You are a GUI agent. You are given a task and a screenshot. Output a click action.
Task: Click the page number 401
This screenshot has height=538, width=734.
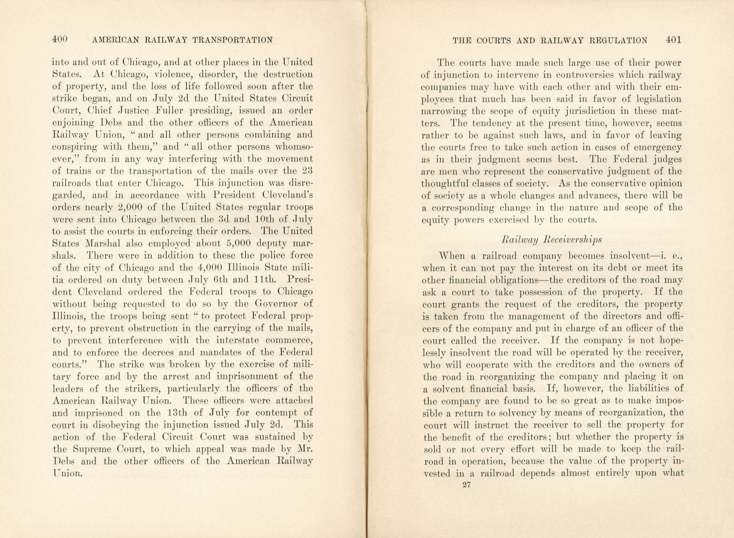tap(673, 40)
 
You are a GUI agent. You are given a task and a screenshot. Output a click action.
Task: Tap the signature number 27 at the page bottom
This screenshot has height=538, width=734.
tap(466, 485)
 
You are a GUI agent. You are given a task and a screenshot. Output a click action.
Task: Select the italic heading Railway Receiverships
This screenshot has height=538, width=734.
tap(551, 240)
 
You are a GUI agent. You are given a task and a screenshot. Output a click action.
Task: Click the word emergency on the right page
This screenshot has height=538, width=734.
tap(659, 147)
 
